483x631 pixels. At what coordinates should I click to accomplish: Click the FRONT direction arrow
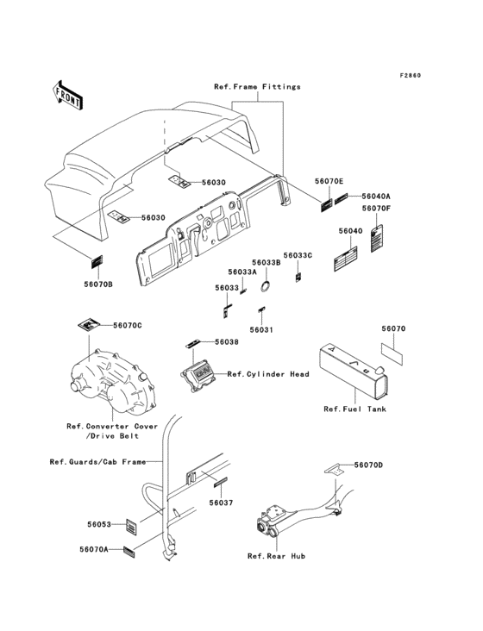[x=67, y=96]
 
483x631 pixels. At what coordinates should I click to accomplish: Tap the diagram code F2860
[x=411, y=75]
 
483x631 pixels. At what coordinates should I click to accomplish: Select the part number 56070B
[x=98, y=284]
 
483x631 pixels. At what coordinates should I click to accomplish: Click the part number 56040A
[x=376, y=196]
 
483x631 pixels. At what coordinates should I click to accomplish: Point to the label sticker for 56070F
[x=377, y=238]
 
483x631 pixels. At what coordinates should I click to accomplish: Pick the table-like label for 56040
[x=346, y=259]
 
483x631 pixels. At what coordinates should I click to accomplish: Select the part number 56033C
[x=298, y=255]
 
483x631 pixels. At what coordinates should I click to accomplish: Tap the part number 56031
[x=261, y=329]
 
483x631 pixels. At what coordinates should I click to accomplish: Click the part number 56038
[x=227, y=341]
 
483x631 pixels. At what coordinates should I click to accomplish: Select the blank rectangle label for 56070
[x=392, y=353]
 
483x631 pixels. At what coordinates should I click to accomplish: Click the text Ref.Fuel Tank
[x=355, y=409]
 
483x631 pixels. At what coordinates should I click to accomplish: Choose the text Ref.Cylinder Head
[x=268, y=374]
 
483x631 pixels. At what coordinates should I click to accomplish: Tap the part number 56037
[x=221, y=503]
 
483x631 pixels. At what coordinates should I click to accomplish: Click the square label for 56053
[x=131, y=527]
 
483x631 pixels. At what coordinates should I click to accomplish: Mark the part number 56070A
[x=94, y=549]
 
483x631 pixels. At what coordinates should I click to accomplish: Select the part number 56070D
[x=368, y=465]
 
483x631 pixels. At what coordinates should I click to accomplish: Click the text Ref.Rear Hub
[x=277, y=556]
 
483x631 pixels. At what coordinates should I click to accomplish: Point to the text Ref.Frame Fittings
[x=257, y=86]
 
